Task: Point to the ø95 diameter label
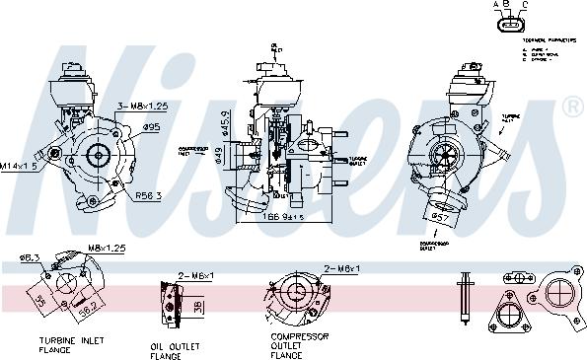152,126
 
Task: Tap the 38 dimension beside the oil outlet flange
198,306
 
